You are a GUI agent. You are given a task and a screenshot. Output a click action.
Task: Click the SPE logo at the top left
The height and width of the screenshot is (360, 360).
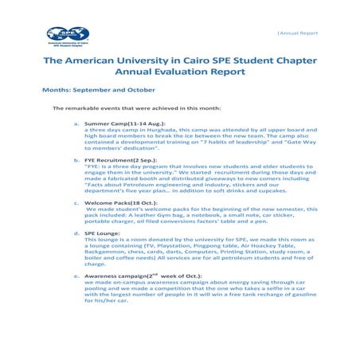tap(68, 34)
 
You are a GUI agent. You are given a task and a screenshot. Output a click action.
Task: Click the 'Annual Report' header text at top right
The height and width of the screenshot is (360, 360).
tap(297, 33)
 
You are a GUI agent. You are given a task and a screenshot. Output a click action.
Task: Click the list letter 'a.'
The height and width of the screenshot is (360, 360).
tap(76, 124)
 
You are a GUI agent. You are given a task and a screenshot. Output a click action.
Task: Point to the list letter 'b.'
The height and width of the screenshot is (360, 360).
tap(76, 159)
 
